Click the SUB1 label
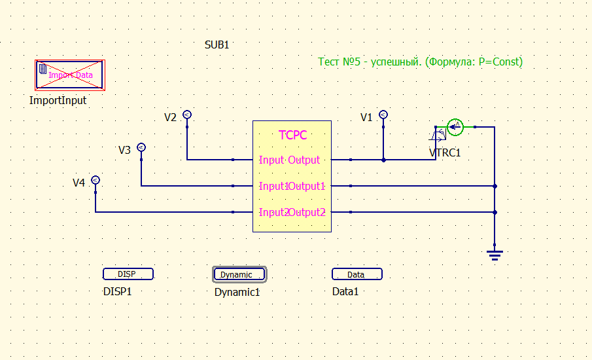tap(217, 45)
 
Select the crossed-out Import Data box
tap(70, 75)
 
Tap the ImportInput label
tap(58, 101)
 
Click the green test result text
tap(420, 62)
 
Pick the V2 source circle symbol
tap(187, 115)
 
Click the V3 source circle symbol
tap(141, 147)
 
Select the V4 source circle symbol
tap(96, 180)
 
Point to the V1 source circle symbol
tap(383, 115)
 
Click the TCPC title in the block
tap(292, 135)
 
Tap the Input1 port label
tap(273, 186)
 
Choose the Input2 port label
tap(273, 212)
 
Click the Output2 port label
tap(307, 212)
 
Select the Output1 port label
tap(307, 186)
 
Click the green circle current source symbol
tap(455, 127)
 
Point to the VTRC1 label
tap(445, 153)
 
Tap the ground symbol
tap(495, 253)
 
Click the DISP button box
tap(128, 274)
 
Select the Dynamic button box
tap(239, 274)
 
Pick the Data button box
tap(357, 274)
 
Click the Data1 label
tap(345, 291)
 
